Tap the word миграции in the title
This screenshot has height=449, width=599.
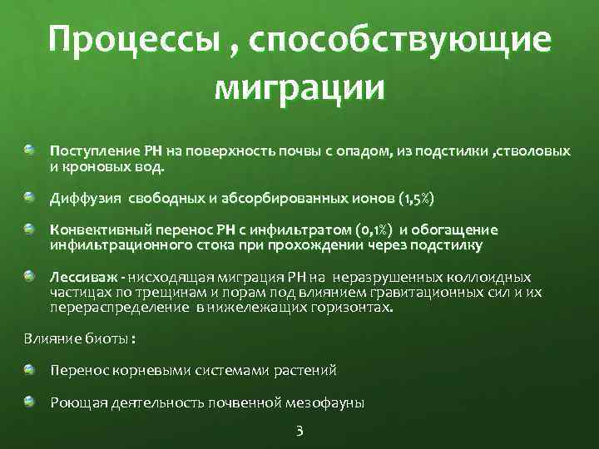tap(299, 86)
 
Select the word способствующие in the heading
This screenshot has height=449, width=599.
tap(408, 42)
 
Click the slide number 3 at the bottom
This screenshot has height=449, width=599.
tap(300, 431)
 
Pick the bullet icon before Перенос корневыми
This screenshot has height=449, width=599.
tap(31, 369)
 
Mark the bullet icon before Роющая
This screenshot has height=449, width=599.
tap(31, 402)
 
